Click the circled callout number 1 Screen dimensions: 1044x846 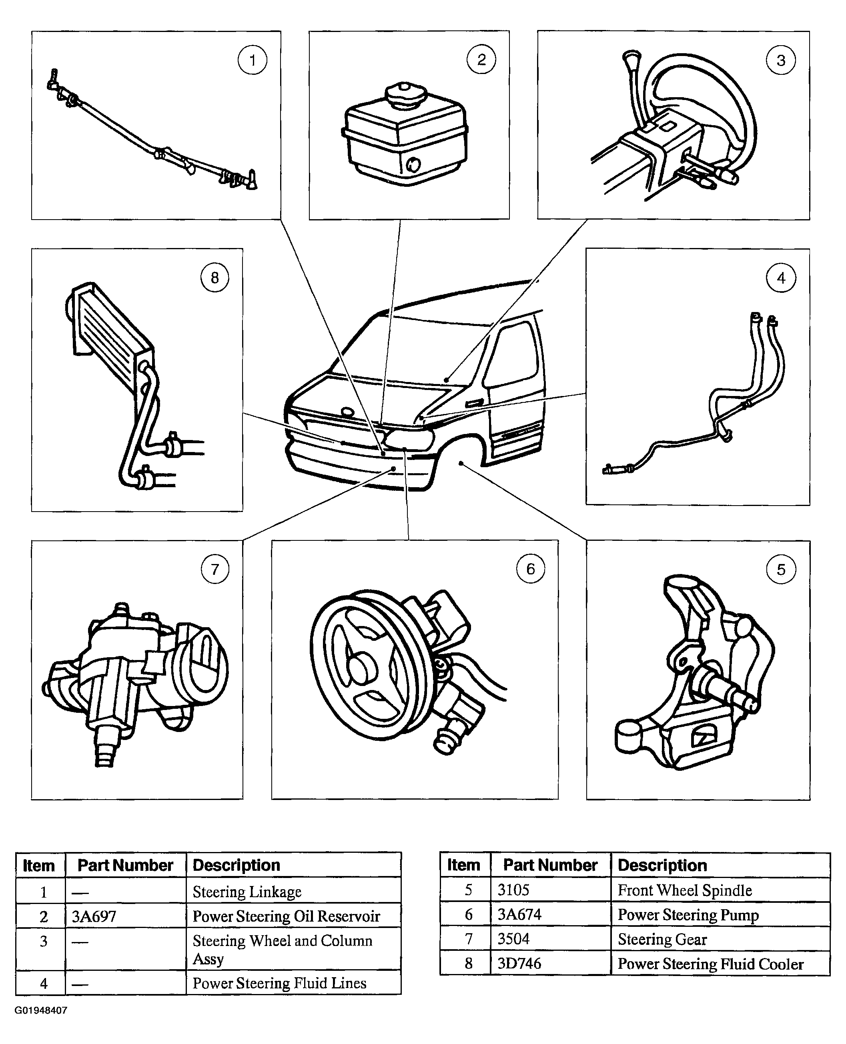(x=252, y=60)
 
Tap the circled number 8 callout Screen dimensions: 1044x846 (x=215, y=277)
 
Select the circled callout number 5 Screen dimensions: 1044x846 (x=781, y=569)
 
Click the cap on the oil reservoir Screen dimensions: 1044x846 (x=405, y=92)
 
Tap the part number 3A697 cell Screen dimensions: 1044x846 (x=94, y=916)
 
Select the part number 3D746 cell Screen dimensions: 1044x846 (x=519, y=963)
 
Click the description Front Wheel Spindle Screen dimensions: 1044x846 (x=685, y=890)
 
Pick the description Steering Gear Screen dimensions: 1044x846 (x=662, y=939)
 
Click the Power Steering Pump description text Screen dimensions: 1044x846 (x=688, y=914)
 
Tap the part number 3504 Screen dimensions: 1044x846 (x=513, y=939)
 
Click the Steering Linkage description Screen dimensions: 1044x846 (x=247, y=892)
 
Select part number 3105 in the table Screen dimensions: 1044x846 (x=513, y=890)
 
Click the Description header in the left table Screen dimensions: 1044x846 (x=237, y=865)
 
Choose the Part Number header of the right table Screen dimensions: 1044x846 (x=550, y=865)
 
